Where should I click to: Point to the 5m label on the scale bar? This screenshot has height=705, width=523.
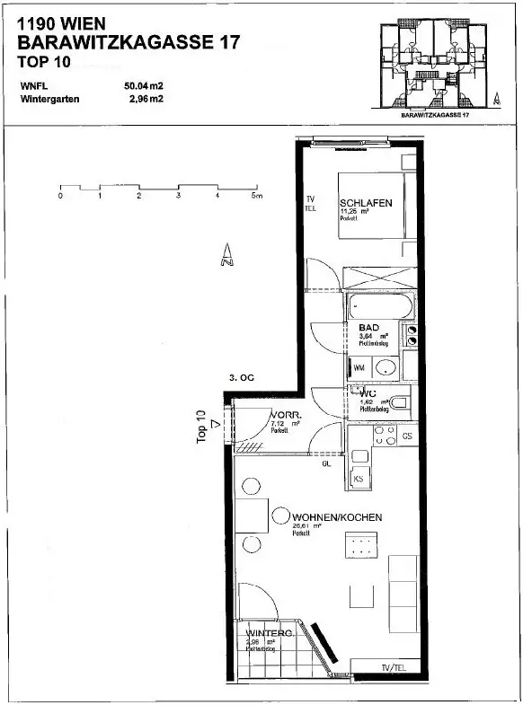[257, 196]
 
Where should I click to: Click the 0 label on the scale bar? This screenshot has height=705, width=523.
[60, 196]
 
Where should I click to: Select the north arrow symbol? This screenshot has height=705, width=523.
[226, 256]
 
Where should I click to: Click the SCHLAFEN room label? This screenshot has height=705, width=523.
[366, 204]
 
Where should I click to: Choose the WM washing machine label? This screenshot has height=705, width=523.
[359, 368]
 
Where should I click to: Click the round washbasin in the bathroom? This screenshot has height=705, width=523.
[386, 367]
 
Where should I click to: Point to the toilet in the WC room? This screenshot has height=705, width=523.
[400, 401]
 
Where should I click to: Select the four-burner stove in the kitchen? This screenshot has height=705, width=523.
[385, 436]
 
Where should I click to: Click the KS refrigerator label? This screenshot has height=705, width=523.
[359, 480]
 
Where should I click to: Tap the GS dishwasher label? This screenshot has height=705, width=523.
[407, 436]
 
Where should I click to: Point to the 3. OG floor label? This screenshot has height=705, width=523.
[242, 378]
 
